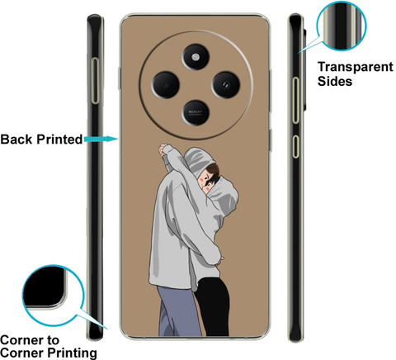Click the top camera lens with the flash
point(196,57)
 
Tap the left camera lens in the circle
point(166,85)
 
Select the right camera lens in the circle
point(226,85)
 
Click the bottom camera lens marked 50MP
point(196,112)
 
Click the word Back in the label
point(16,140)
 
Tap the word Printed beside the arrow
point(59,140)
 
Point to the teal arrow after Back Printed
point(101,139)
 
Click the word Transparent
point(356,67)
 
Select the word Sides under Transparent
point(335,82)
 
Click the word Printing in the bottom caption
point(73,353)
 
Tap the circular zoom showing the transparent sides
point(342,26)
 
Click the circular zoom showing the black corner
point(53,295)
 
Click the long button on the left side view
point(95,81)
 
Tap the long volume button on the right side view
point(295,100)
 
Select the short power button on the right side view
point(295,146)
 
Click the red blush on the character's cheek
point(208,189)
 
